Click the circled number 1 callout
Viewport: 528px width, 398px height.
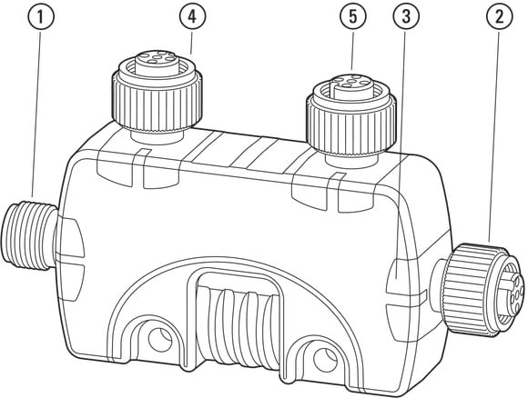pyautogui.click(x=40, y=17)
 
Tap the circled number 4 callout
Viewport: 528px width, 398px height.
pyautogui.click(x=193, y=16)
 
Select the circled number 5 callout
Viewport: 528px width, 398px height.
pyautogui.click(x=353, y=16)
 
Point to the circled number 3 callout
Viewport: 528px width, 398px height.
pyautogui.click(x=406, y=16)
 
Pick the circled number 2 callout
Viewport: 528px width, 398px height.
pyautogui.click(x=500, y=16)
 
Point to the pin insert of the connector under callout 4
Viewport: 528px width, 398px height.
pyautogui.click(x=157, y=61)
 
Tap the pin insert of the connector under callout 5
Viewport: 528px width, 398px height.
pyautogui.click(x=350, y=84)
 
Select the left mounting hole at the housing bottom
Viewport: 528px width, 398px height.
pyautogui.click(x=160, y=339)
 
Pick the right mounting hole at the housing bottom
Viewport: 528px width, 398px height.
pyautogui.click(x=325, y=360)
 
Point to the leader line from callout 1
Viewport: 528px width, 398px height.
pyautogui.click(x=36, y=114)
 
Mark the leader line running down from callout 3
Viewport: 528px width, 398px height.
pyautogui.click(x=401, y=154)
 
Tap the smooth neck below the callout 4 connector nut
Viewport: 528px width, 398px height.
pyautogui.click(x=157, y=137)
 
